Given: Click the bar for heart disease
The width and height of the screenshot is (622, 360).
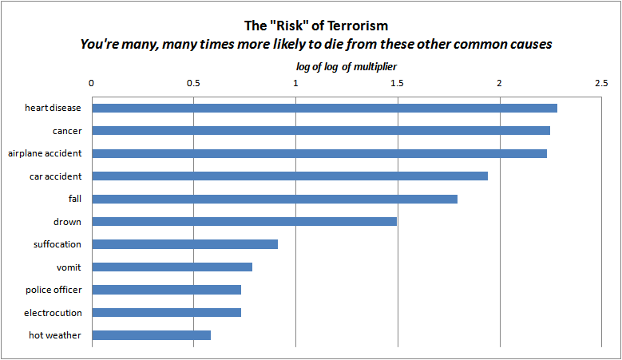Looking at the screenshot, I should click(x=324, y=108).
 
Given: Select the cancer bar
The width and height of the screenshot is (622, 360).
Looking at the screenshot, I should click(x=321, y=130).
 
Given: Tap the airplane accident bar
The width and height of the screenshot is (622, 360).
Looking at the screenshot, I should click(x=319, y=153).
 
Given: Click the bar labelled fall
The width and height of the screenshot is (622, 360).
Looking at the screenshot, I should click(x=275, y=199).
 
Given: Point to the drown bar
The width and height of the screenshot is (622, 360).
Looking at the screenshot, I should click(x=244, y=221).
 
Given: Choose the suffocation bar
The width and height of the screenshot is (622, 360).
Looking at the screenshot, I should click(x=185, y=244).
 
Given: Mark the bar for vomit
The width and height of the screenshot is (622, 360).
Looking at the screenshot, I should click(x=172, y=267).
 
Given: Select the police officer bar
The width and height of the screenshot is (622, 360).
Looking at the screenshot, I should click(x=167, y=290).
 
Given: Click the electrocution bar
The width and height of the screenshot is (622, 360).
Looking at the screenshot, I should click(x=167, y=312).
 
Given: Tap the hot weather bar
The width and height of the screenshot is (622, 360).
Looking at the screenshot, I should click(x=152, y=335).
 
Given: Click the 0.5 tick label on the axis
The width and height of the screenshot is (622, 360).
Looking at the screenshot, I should click(x=193, y=82).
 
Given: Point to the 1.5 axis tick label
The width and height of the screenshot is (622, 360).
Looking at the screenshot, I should click(x=397, y=82).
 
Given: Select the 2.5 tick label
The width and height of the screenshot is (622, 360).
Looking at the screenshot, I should click(x=601, y=82).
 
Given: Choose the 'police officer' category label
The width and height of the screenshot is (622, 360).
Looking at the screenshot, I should click(x=53, y=290).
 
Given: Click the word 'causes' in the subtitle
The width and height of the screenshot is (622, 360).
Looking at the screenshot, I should click(x=529, y=44).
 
